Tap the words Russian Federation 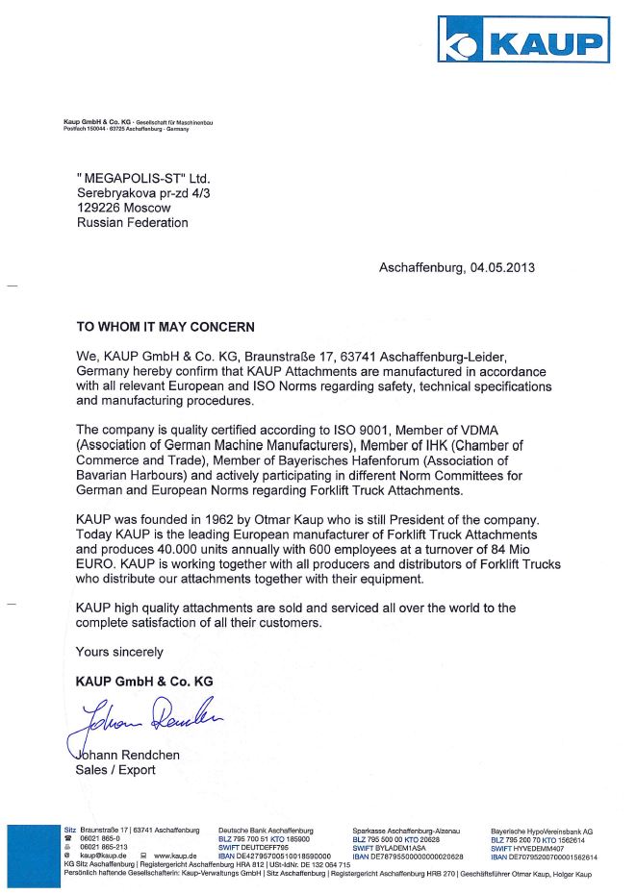tap(133, 223)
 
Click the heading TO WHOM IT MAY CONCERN tap(165, 327)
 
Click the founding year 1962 tap(243, 520)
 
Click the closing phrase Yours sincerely tap(119, 652)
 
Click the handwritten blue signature tap(144, 717)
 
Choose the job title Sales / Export tap(115, 770)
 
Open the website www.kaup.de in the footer tap(175, 856)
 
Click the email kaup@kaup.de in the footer tap(104, 856)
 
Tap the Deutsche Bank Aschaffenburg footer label tap(266, 830)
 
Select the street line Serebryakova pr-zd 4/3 tap(143, 193)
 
